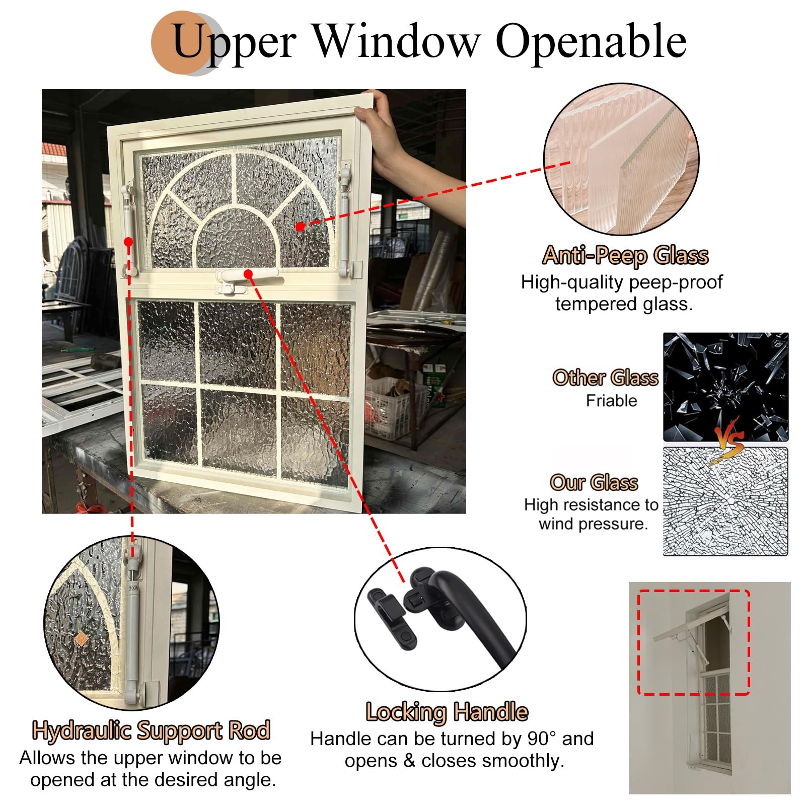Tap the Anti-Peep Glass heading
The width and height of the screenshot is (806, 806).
pyautogui.click(x=626, y=256)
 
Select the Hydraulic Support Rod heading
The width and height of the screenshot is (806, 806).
pyautogui.click(x=151, y=730)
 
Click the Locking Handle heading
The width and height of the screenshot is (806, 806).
pyautogui.click(x=447, y=712)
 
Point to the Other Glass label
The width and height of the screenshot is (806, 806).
pyautogui.click(x=605, y=378)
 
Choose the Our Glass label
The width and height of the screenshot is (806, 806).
pyautogui.click(x=594, y=482)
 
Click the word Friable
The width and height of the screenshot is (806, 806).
pyautogui.click(x=611, y=401)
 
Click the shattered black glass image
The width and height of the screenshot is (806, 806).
pyautogui.click(x=725, y=387)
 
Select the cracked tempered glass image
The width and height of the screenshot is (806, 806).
pyautogui.click(x=725, y=501)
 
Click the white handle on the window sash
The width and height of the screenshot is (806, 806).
pyautogui.click(x=246, y=279)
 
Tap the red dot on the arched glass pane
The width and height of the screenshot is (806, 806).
pyautogui.click(x=300, y=227)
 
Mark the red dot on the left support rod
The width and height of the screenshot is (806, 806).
pyautogui.click(x=128, y=242)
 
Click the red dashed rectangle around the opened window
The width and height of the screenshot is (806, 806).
pyautogui.click(x=694, y=642)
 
